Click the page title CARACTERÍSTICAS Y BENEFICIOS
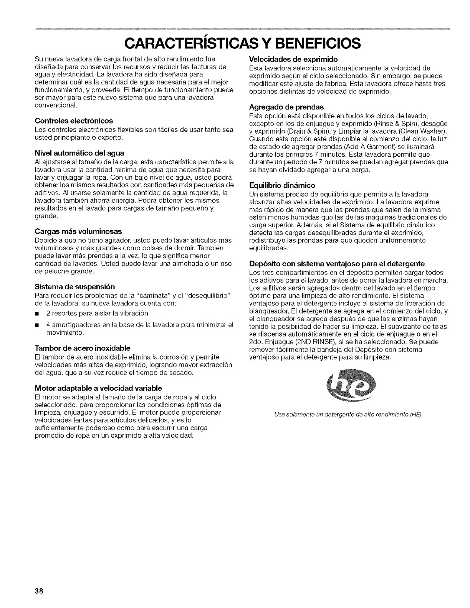(235, 43)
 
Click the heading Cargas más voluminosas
(78, 231)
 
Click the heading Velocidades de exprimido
(293, 59)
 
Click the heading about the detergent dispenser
(337, 264)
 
